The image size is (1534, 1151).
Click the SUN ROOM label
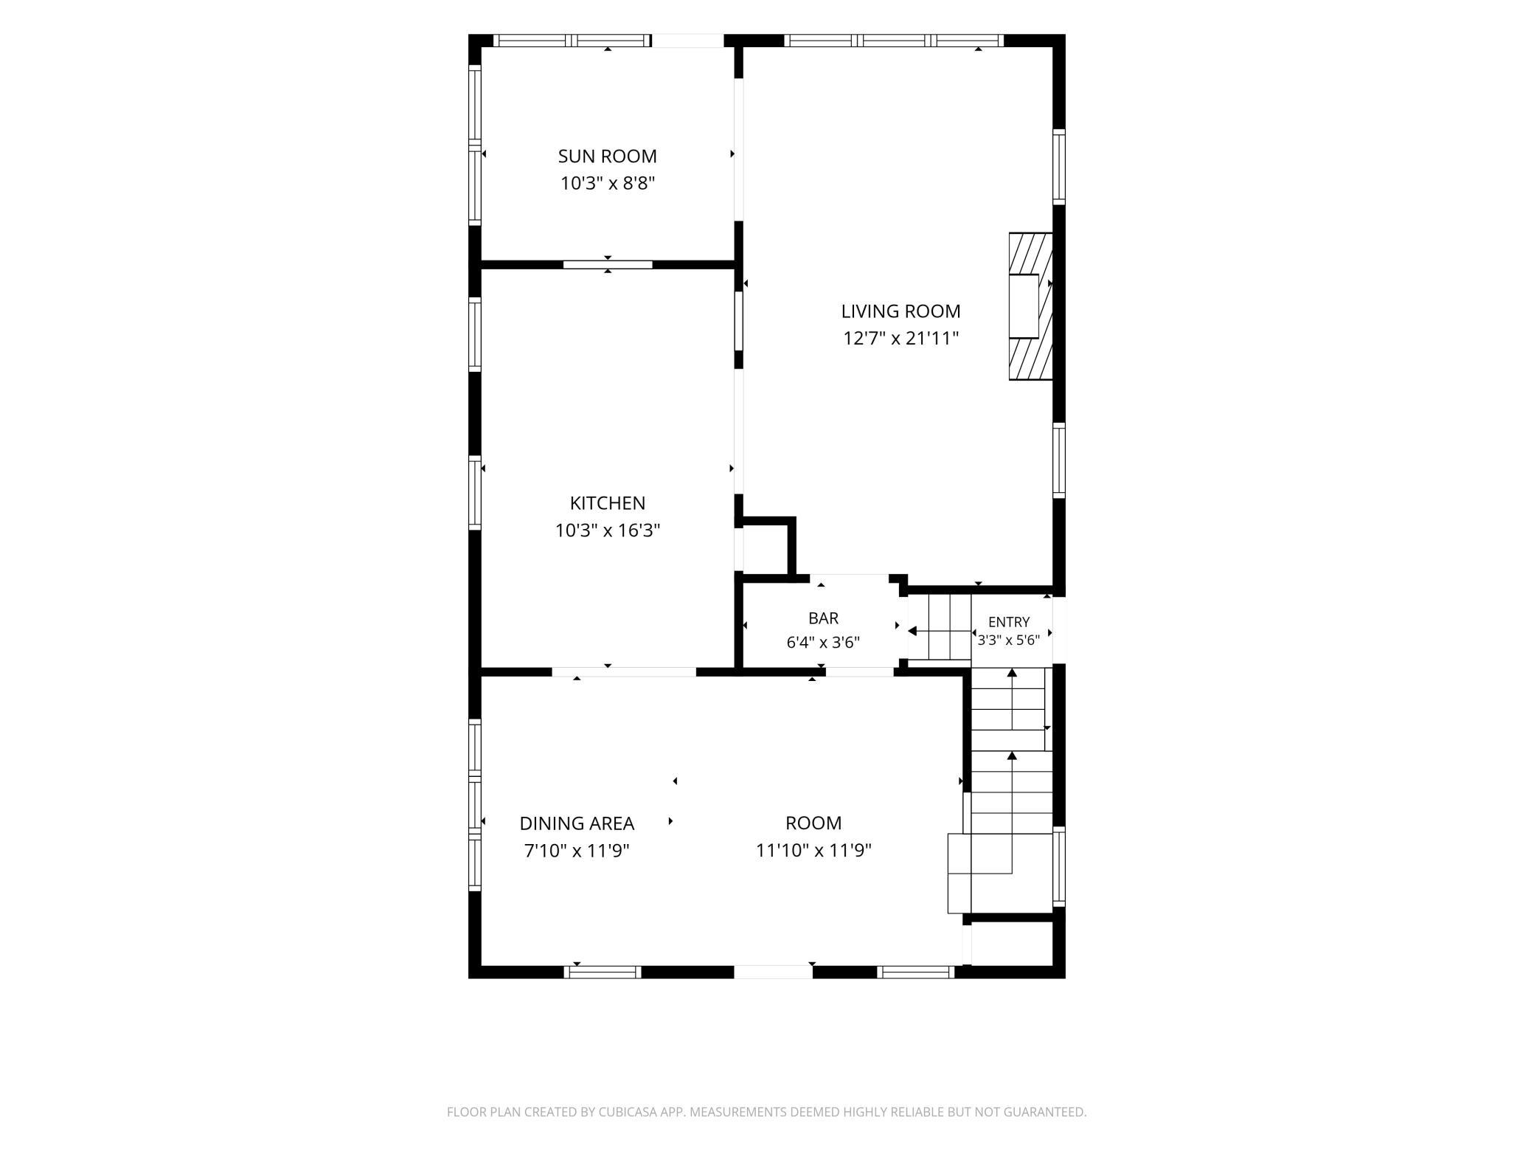pyautogui.click(x=607, y=156)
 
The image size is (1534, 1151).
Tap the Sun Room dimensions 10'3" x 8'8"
pyautogui.click(x=608, y=183)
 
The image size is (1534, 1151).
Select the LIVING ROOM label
pyautogui.click(x=900, y=311)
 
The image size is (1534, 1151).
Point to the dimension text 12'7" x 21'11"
pyautogui.click(x=900, y=339)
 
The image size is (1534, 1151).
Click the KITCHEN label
pyautogui.click(x=607, y=503)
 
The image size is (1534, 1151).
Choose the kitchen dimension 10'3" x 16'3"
pyautogui.click(x=608, y=530)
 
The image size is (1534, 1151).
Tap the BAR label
pyautogui.click(x=823, y=618)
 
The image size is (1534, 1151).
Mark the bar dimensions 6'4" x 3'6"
pyautogui.click(x=823, y=643)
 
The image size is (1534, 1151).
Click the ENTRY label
pyautogui.click(x=1009, y=622)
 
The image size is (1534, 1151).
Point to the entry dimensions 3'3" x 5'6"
pyautogui.click(x=1009, y=640)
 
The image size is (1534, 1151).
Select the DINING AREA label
pyautogui.click(x=577, y=823)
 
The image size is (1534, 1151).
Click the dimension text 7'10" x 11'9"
pyautogui.click(x=577, y=851)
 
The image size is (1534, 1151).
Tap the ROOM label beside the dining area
pyautogui.click(x=813, y=823)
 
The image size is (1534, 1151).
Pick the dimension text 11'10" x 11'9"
pyautogui.click(x=813, y=851)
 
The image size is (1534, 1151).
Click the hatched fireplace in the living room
pyautogui.click(x=1030, y=307)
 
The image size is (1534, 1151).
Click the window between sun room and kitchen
pyautogui.click(x=608, y=264)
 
